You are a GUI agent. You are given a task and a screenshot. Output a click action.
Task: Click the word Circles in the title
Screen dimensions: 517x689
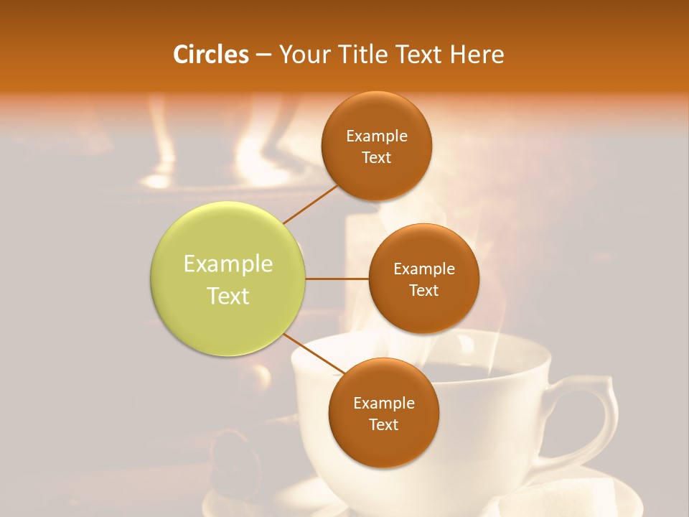tap(211, 55)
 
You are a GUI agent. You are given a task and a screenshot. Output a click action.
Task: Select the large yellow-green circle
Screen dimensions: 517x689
tap(228, 279)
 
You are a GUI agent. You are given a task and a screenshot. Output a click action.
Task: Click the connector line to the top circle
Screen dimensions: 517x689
tap(310, 204)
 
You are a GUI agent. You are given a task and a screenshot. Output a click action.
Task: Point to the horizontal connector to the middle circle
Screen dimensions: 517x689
tap(337, 279)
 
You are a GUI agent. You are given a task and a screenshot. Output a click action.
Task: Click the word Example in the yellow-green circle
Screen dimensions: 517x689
tap(228, 264)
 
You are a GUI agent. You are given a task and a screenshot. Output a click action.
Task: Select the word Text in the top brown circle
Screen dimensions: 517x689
tap(376, 158)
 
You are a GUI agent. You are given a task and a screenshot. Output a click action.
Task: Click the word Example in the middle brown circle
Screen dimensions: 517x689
tap(424, 269)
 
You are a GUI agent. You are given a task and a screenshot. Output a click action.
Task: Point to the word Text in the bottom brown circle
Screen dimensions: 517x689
tap(383, 424)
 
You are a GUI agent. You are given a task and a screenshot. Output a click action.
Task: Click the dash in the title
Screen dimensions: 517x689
tap(263, 55)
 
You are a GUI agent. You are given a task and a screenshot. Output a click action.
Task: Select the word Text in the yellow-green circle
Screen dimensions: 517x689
tap(228, 296)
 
